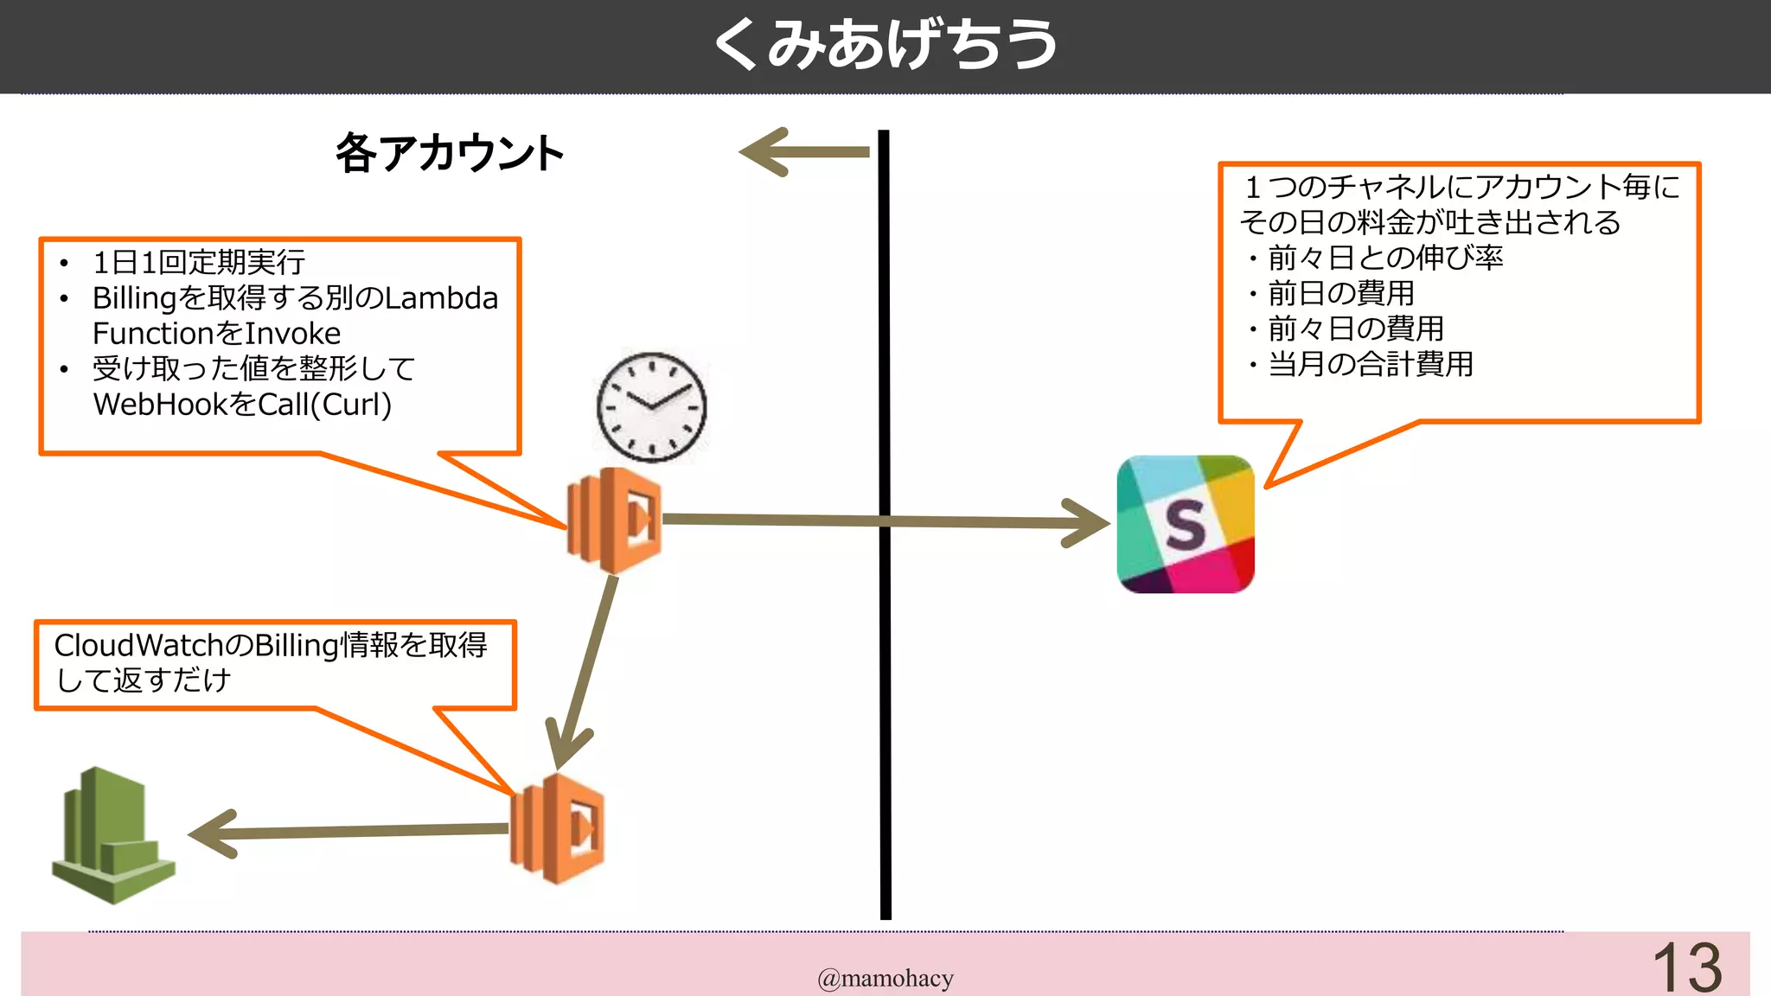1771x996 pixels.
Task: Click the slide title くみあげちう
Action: (885, 45)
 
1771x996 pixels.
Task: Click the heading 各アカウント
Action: (450, 154)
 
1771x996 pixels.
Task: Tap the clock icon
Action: (652, 406)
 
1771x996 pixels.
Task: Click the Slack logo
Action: (1186, 524)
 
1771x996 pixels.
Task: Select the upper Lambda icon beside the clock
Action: (615, 520)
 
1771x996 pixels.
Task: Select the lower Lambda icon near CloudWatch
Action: (558, 828)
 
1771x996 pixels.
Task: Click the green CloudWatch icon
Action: (112, 837)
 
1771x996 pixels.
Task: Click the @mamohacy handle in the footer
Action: (885, 979)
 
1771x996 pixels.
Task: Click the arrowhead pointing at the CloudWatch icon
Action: (212, 833)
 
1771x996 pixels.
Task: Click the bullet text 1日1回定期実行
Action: (199, 262)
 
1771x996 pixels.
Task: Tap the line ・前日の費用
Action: (1332, 294)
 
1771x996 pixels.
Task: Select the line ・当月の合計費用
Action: (1362, 364)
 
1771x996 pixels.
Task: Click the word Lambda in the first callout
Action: (441, 298)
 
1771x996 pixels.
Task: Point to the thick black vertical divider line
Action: (885, 692)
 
